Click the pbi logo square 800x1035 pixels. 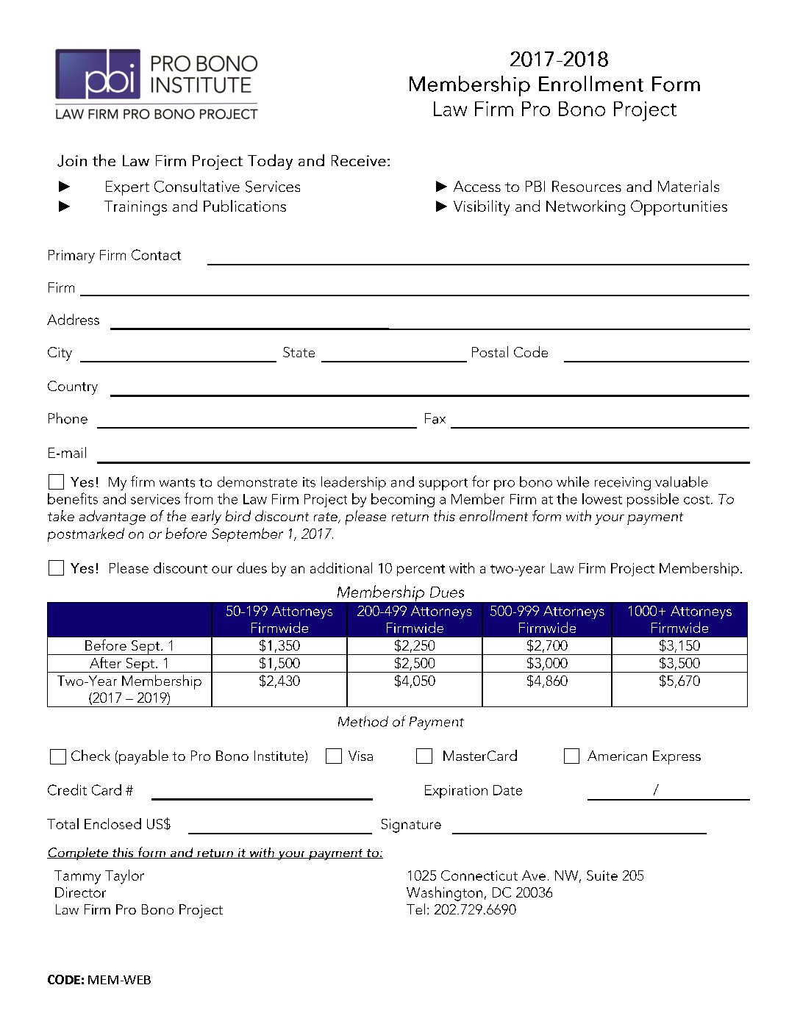(98, 74)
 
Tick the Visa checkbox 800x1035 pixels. (334, 756)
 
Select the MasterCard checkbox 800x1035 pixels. (424, 756)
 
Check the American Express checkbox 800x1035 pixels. (571, 756)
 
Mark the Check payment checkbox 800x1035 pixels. (57, 756)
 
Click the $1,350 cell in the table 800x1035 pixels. (279, 646)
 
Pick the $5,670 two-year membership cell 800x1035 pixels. (679, 681)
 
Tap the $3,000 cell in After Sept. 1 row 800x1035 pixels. (547, 664)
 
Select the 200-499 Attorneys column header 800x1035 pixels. (415, 619)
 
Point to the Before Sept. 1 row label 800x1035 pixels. (129, 646)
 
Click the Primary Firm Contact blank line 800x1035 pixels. (478, 259)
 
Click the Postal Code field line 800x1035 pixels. (656, 357)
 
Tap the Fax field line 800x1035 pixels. (600, 423)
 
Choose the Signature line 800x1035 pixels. (579, 829)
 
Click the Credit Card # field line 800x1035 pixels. (262, 795)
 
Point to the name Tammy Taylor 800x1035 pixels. (99, 875)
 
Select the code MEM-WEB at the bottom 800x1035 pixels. (119, 980)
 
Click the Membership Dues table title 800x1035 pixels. (401, 592)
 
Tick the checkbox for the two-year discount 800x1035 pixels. (56, 568)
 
